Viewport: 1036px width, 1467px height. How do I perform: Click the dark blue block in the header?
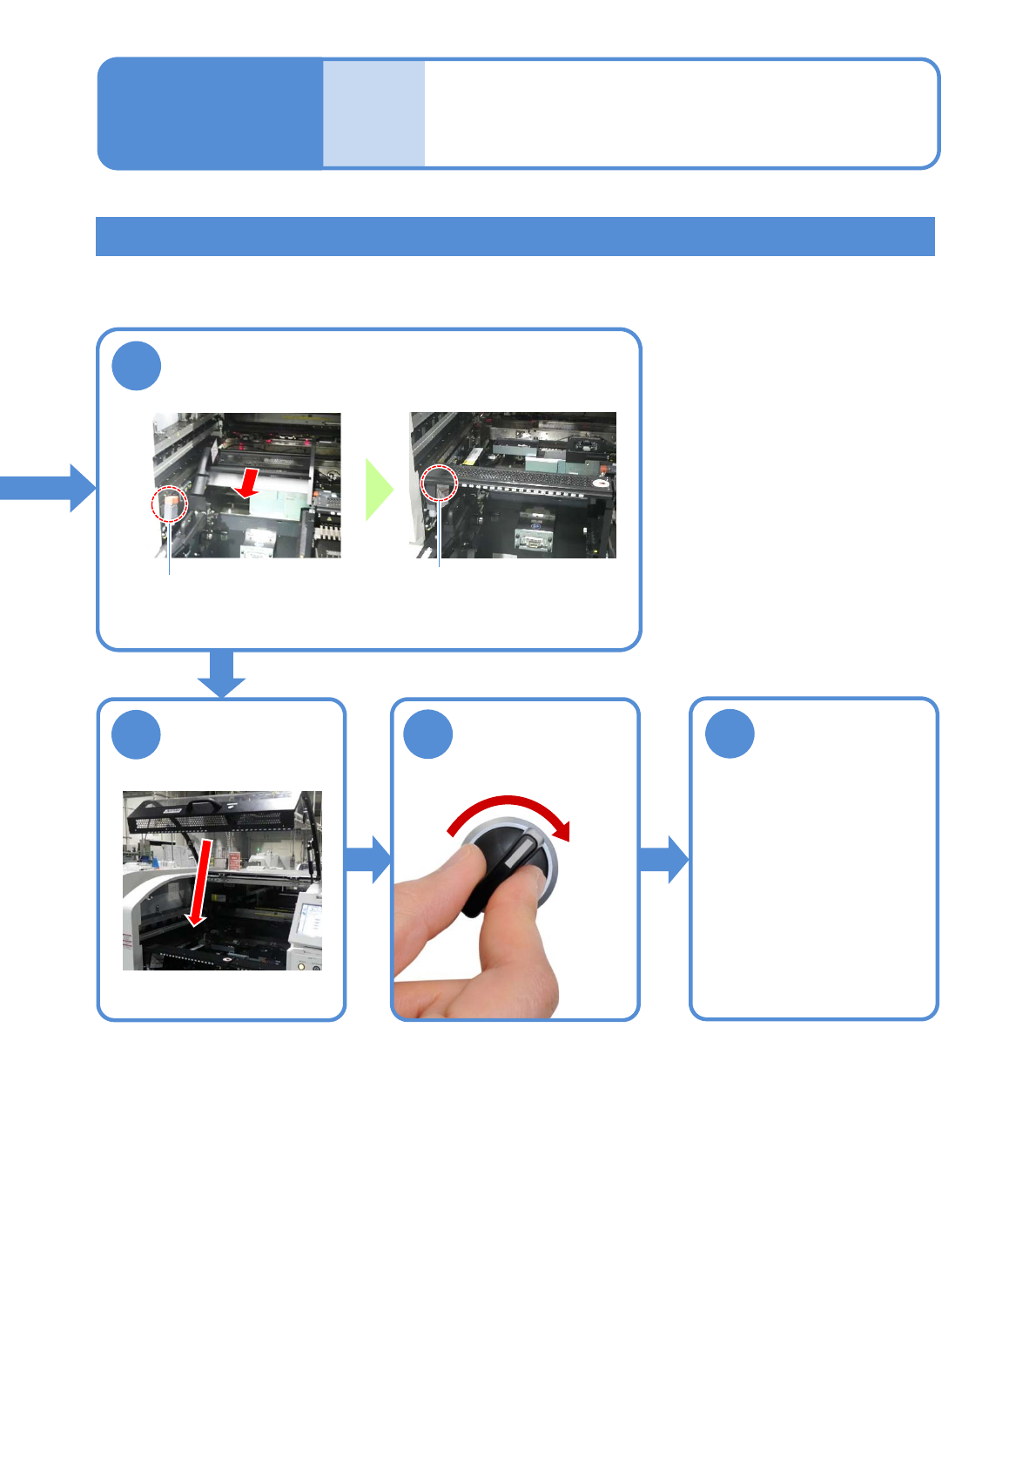coord(210,113)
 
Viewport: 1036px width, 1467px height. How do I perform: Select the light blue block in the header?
coord(373,113)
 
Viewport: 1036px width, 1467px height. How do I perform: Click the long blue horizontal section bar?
coord(515,236)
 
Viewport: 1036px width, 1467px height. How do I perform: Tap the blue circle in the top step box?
coord(137,366)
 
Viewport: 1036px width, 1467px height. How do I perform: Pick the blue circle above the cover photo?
coord(137,734)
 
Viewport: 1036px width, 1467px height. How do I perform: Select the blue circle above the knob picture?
coord(428,734)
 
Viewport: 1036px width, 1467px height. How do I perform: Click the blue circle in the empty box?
coord(730,733)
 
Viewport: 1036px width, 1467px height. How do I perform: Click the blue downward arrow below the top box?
coord(222,673)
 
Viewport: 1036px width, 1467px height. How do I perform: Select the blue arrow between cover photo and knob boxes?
coord(368,859)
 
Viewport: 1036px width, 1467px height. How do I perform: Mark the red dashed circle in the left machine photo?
coord(170,504)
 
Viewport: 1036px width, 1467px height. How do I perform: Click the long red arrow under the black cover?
coord(200,882)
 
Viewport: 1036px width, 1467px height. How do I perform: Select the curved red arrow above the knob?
coord(505,808)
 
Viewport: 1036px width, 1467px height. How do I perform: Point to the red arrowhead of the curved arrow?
coord(564,830)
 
